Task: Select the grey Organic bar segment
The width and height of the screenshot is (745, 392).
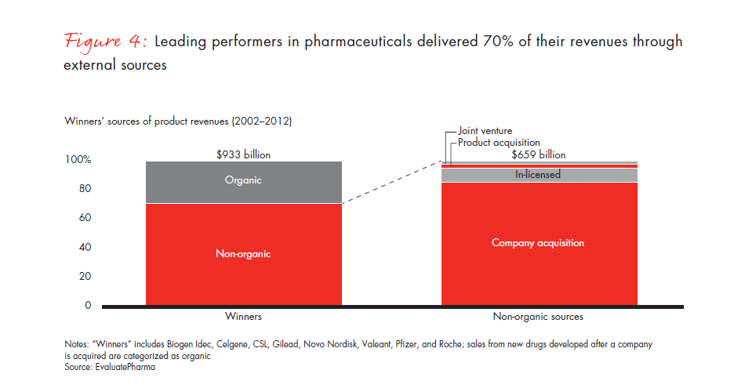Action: pyautogui.click(x=244, y=182)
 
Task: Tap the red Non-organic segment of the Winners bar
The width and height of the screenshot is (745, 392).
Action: pyautogui.click(x=244, y=253)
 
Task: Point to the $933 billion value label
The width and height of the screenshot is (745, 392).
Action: pyautogui.click(x=243, y=155)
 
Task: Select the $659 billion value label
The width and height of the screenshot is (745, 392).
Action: pyautogui.click(x=538, y=155)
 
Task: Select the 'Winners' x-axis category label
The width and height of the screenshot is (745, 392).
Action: pyautogui.click(x=243, y=318)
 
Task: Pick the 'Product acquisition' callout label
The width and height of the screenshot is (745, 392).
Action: pyautogui.click(x=499, y=143)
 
